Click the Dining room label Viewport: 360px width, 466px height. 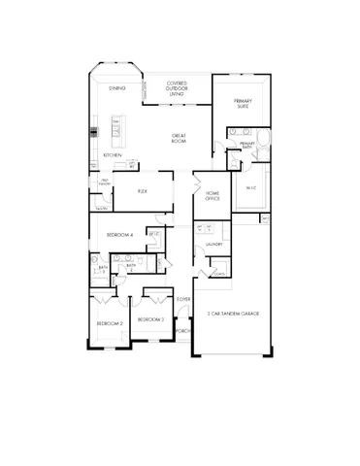tap(116, 88)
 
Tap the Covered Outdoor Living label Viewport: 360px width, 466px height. tap(177, 88)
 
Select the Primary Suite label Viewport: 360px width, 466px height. tap(243, 104)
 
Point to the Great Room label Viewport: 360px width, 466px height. tap(180, 138)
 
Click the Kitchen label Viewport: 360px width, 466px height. tap(113, 155)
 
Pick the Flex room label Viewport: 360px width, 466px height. tap(142, 191)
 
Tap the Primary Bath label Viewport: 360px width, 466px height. tap(246, 145)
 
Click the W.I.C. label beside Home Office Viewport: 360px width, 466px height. tap(249, 188)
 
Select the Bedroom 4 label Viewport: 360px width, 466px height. tap(118, 236)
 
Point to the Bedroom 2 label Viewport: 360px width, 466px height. tap(110, 322)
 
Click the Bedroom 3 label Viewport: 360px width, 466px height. tap(150, 319)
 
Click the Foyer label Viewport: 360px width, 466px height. tap(183, 299)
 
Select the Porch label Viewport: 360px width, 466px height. tap(182, 330)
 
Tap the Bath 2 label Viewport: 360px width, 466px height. tap(130, 267)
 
